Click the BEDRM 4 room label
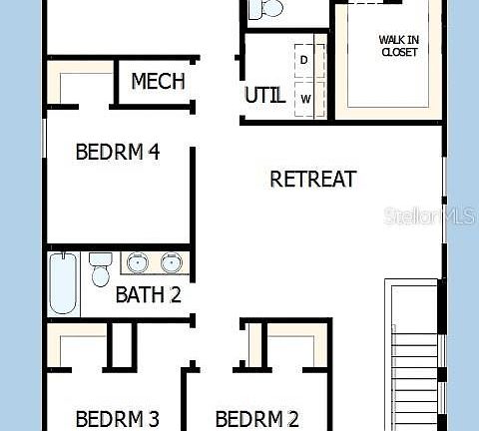click(118, 153)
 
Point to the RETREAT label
click(313, 180)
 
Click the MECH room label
click(158, 81)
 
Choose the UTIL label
click(264, 96)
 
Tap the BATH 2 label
click(148, 294)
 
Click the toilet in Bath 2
click(100, 269)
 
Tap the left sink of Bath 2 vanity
click(138, 263)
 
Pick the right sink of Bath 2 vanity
click(172, 263)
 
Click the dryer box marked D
click(305, 60)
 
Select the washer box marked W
click(305, 98)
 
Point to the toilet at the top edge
click(266, 9)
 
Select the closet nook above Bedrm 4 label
click(80, 85)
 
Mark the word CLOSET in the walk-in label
click(398, 52)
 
